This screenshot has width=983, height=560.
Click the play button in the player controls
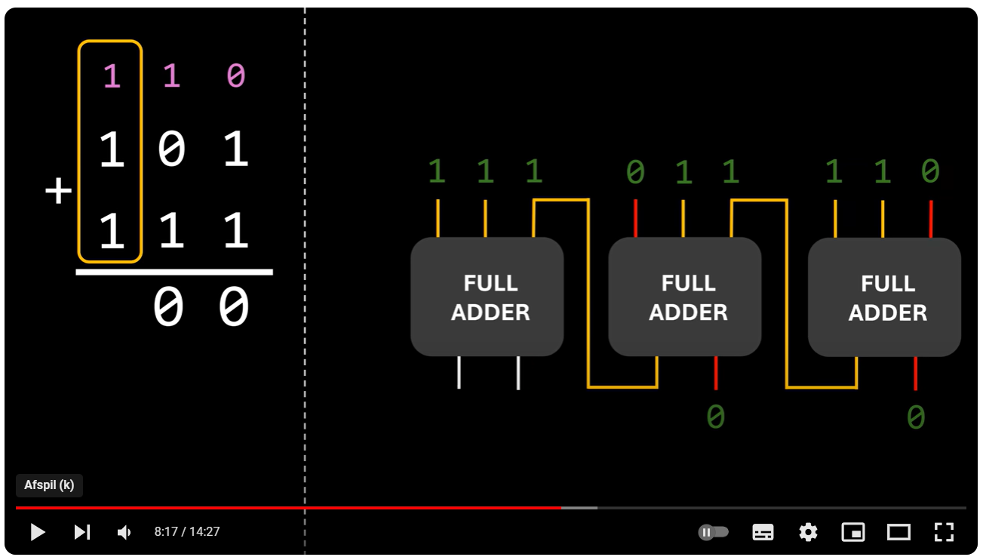point(37,532)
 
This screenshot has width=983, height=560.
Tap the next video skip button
point(81,532)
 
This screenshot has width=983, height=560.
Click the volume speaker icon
point(124,532)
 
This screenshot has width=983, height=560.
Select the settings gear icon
point(808,532)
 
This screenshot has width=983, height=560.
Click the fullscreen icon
point(944,532)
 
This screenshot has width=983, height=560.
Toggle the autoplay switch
point(714,532)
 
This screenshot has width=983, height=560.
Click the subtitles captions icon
point(763,532)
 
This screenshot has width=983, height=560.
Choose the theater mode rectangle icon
point(899,532)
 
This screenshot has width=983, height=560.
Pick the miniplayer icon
point(853,532)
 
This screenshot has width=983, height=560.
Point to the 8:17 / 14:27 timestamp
point(187,532)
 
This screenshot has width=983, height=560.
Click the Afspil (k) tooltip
point(49,485)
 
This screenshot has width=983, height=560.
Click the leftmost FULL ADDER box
point(487,297)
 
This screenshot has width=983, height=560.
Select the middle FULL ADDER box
point(685,297)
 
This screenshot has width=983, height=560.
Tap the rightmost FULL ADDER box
point(884,297)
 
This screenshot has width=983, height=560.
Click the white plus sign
point(58,192)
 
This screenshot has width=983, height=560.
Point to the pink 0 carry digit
point(235,76)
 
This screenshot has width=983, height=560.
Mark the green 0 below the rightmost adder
point(915,417)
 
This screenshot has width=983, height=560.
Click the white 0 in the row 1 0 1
point(172,151)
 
